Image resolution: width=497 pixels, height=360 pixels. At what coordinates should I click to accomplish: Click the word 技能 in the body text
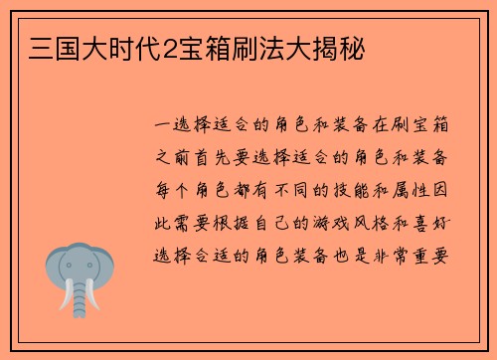[356, 190]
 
